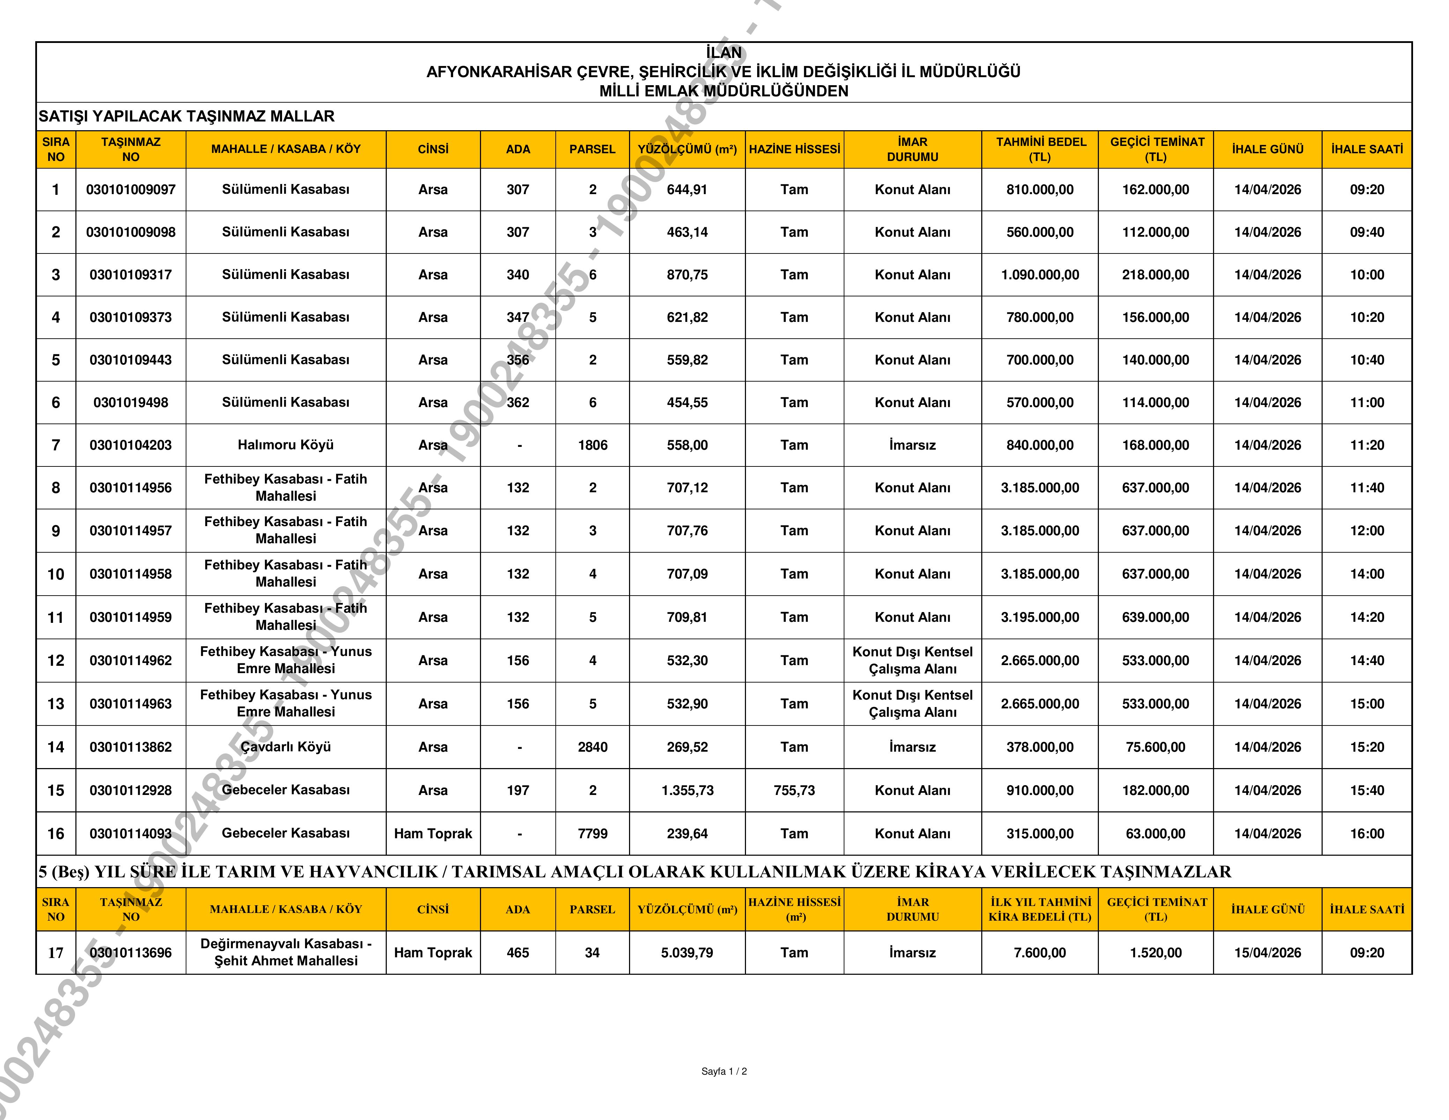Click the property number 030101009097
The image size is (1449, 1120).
131,190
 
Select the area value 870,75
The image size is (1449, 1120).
687,275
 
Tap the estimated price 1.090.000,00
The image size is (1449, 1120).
1040,275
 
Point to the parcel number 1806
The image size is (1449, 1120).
592,445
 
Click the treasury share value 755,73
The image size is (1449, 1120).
794,790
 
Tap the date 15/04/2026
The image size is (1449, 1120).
1267,953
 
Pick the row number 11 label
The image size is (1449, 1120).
56,618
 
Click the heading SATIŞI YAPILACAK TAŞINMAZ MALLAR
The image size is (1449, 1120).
186,117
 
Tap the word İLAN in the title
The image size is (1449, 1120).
724,52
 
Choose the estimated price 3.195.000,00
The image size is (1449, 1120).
1040,618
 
